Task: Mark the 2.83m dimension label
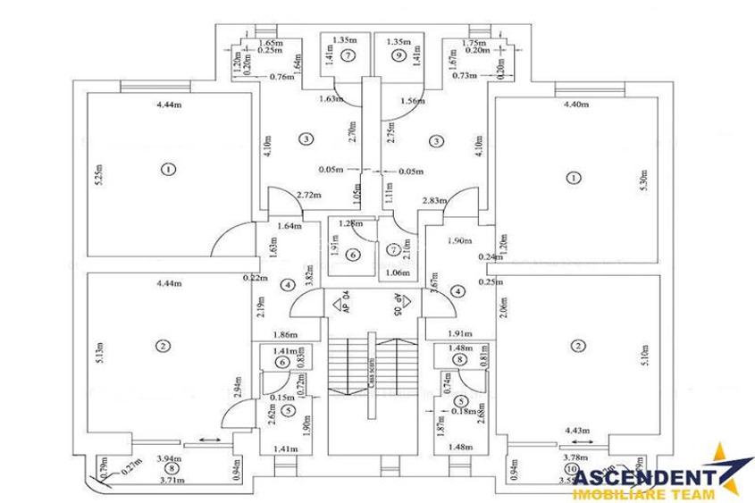coord(434,201)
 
